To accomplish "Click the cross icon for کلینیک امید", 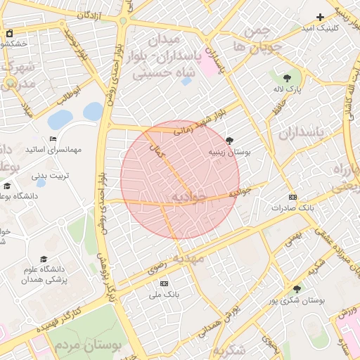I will tap(321, 17).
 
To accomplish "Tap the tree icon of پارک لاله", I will tap(286, 78).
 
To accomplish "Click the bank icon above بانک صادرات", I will tap(293, 198).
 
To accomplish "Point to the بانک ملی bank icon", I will tap(164, 283).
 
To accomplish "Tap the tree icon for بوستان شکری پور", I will tap(296, 288).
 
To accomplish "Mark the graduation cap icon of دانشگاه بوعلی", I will tap(7, 186).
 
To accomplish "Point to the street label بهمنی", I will tap(293, 239).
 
